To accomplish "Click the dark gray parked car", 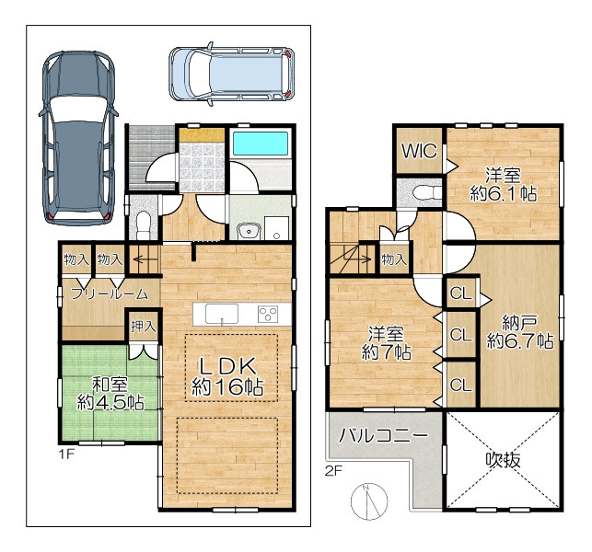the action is (x=78, y=138).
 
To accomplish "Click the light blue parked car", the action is (x=232, y=74).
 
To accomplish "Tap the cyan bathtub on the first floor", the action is (x=261, y=144).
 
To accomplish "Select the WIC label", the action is (x=419, y=151).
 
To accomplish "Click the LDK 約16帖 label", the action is (x=227, y=376).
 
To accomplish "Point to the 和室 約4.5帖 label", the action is (x=110, y=394).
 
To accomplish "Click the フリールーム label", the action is (x=110, y=293).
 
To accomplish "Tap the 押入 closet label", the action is (x=144, y=326).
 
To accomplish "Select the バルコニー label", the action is (x=383, y=435).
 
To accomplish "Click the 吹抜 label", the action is (x=503, y=460).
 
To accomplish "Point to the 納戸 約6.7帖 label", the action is (x=520, y=332).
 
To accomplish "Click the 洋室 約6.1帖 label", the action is (x=504, y=185).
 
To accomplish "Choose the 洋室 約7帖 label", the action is (x=387, y=343).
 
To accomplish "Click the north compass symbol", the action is (x=369, y=500).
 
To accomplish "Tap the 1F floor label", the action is (x=66, y=454).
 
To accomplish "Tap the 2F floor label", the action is (x=333, y=471).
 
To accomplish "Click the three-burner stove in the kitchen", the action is (x=268, y=314).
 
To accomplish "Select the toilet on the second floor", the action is (x=426, y=193).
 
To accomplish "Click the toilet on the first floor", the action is (x=144, y=224).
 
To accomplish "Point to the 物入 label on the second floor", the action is (x=394, y=259).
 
